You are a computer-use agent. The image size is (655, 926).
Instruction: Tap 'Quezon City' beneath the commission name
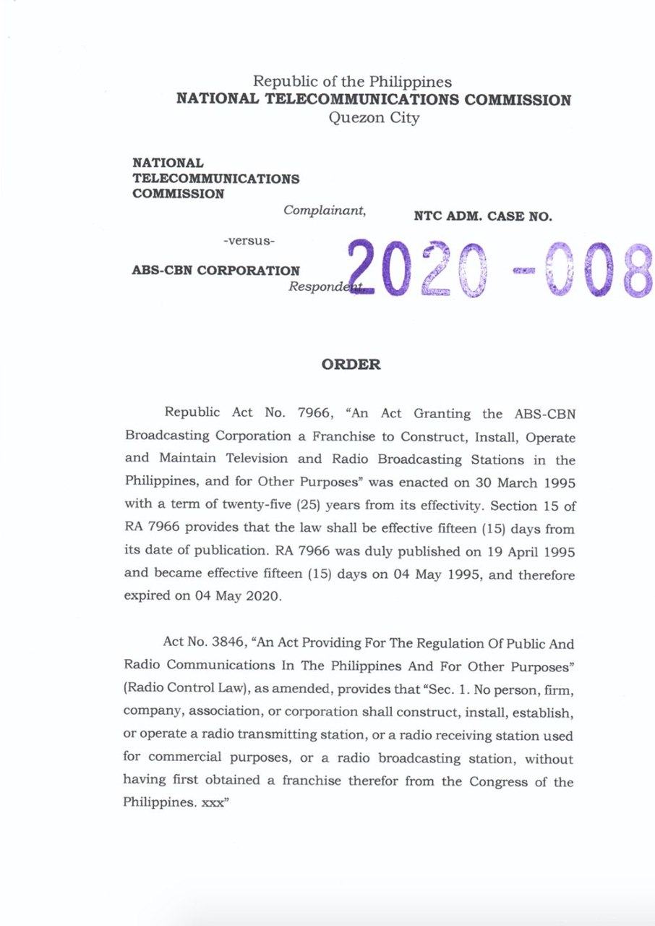point(373,118)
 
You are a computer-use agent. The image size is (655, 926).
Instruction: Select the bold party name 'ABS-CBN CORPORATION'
point(215,271)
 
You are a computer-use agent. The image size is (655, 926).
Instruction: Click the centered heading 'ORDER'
point(351,365)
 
